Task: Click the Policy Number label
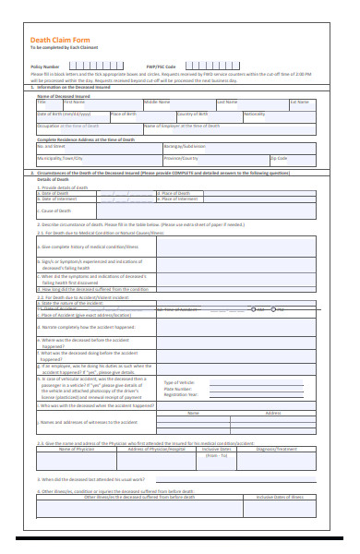pyautogui.click(x=45, y=66)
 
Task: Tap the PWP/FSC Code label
pyautogui.click(x=161, y=66)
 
